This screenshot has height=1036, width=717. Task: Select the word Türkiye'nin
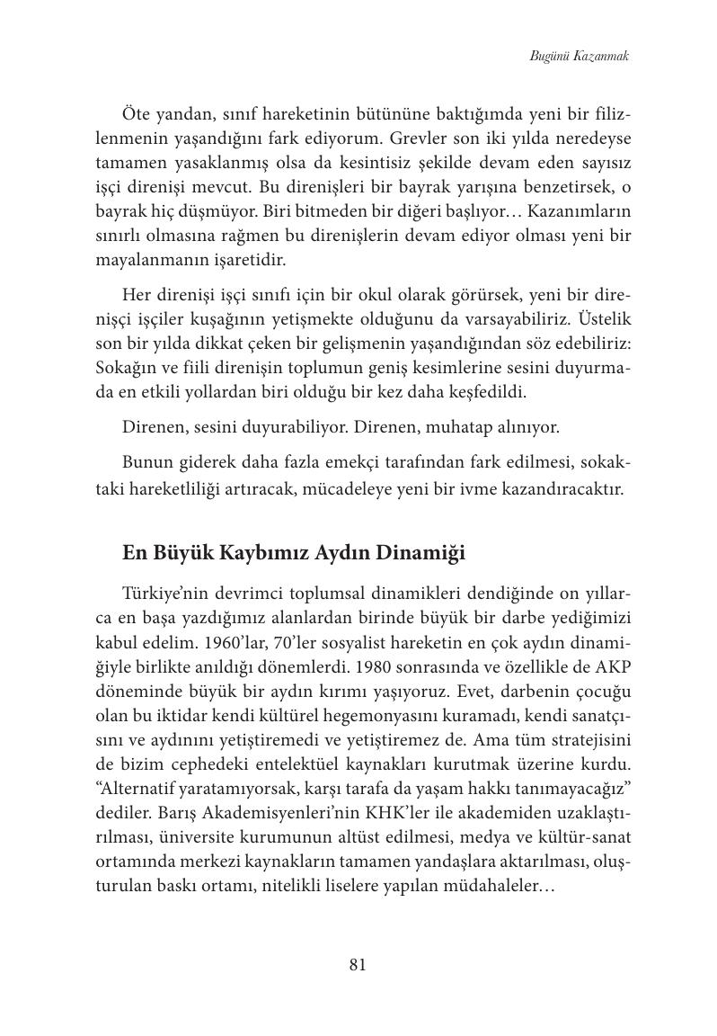pos(170,595)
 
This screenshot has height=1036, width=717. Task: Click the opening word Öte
pos(137,115)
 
